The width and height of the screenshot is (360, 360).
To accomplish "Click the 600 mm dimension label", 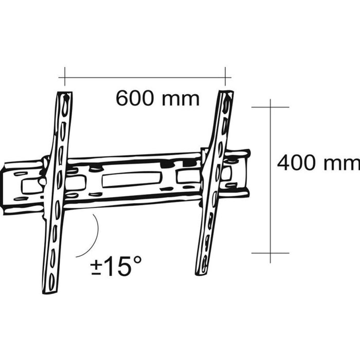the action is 158,98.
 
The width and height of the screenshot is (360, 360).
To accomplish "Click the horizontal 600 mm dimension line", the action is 145,78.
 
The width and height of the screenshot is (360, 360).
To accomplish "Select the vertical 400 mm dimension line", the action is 270,181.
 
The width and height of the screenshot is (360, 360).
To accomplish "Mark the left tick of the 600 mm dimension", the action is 65,77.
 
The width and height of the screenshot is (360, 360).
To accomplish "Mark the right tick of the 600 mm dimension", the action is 225,77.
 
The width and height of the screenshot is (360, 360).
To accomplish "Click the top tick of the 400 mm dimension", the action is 270,107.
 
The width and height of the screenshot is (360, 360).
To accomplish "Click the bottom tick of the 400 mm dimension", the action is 270,253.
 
